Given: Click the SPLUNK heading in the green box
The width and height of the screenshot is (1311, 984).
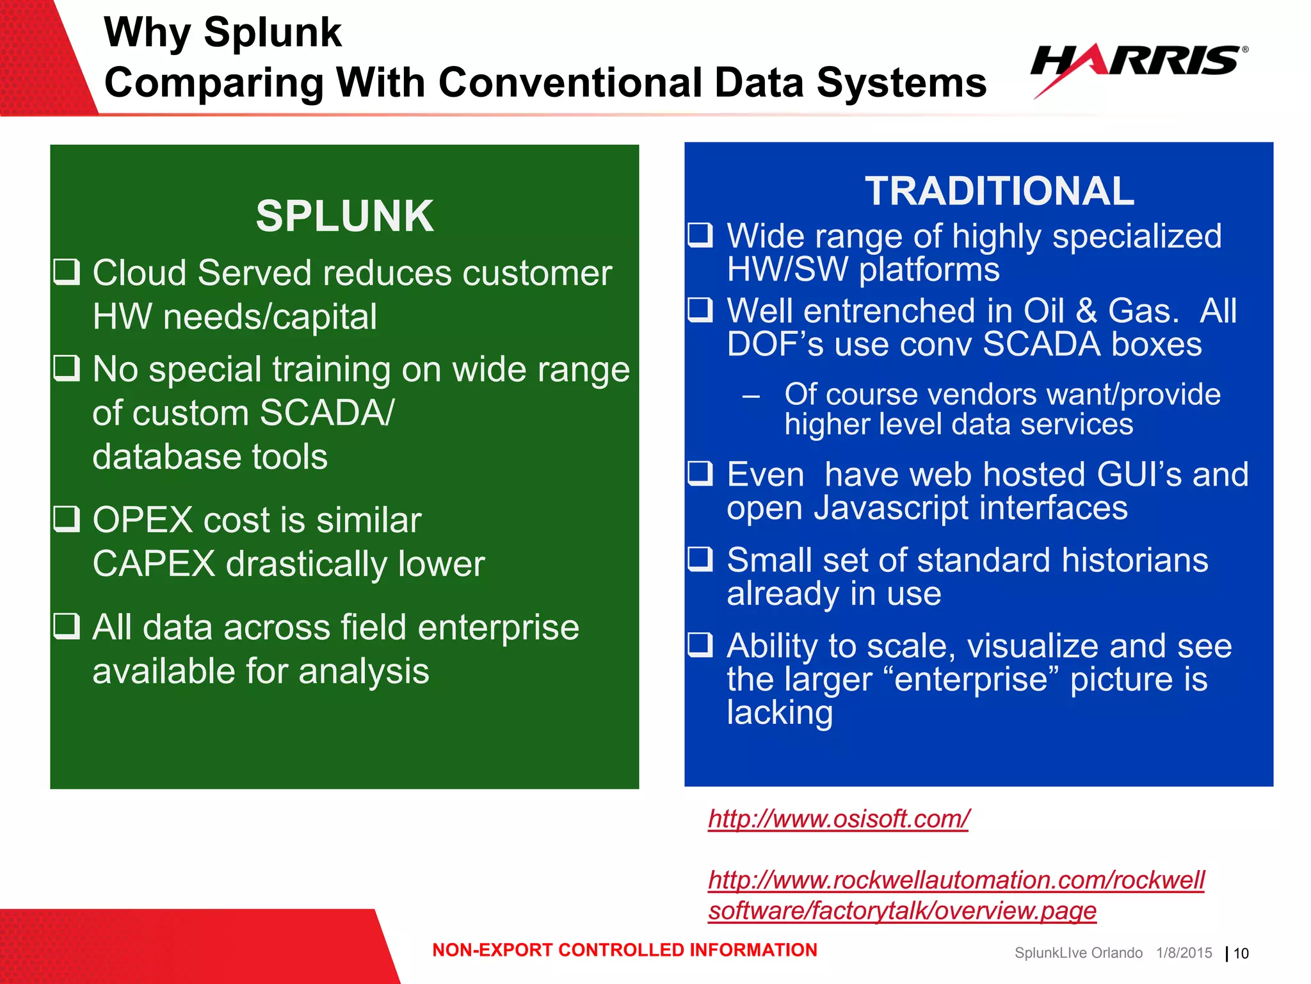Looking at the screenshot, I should [x=344, y=216].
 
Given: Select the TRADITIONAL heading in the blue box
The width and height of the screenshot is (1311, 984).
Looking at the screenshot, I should [x=999, y=191].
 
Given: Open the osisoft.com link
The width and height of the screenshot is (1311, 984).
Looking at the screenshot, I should [x=839, y=819].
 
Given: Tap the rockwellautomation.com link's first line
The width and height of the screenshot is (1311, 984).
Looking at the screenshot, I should [x=956, y=880].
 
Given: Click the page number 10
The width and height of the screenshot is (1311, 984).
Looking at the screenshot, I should [x=1241, y=954].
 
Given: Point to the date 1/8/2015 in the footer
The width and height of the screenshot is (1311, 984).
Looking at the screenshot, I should [x=1184, y=953].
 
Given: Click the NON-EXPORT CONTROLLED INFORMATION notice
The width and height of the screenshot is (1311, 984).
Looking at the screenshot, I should [x=625, y=950].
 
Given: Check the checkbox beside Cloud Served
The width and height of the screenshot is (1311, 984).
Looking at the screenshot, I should [x=67, y=272].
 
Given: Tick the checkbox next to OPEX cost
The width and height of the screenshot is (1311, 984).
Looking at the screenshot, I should [x=67, y=519].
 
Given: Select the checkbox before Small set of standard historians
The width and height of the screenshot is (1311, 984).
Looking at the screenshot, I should [x=700, y=559].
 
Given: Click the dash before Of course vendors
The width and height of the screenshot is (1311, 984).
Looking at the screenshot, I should [x=751, y=397].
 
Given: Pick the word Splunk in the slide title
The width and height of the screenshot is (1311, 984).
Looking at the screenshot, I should [x=273, y=32].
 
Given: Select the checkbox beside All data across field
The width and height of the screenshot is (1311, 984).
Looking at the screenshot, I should [x=67, y=626].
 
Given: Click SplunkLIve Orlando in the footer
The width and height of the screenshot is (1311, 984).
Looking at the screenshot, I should [x=1078, y=953].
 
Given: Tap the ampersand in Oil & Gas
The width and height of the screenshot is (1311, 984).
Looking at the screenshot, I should [x=1086, y=311].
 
